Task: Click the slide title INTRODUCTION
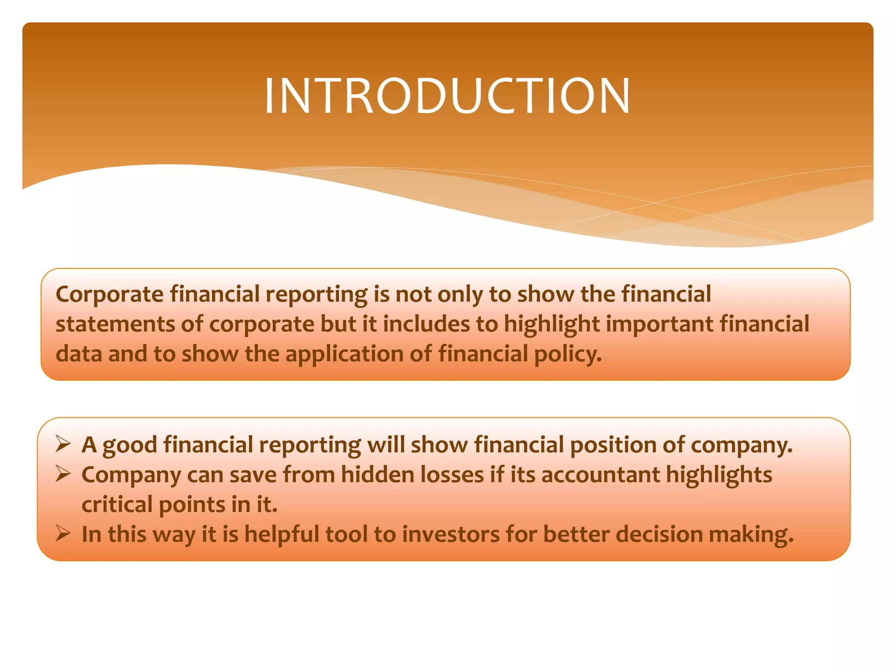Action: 447,96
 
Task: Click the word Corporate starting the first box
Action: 109,294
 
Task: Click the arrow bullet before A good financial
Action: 64,445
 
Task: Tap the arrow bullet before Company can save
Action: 64,474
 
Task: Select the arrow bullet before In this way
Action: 64,534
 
